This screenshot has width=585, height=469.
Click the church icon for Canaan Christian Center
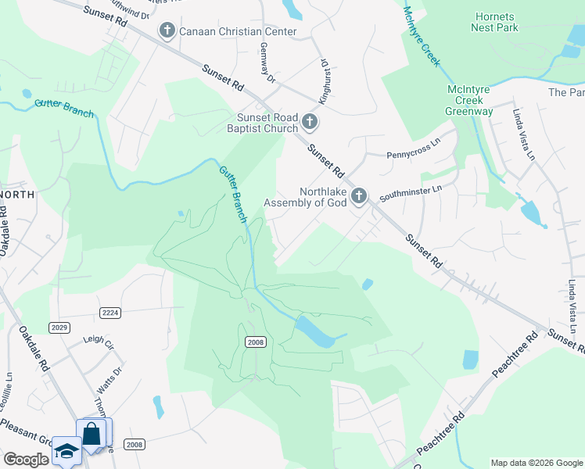click(x=167, y=30)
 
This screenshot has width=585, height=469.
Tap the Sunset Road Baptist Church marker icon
click(x=310, y=122)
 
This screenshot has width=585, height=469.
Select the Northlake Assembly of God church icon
click(x=358, y=195)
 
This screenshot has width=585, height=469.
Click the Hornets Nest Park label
click(x=494, y=22)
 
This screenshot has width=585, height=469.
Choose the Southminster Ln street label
click(x=411, y=189)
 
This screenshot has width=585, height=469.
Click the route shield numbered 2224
click(x=111, y=313)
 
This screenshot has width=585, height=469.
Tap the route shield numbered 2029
click(x=58, y=326)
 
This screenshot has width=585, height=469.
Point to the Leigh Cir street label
click(x=99, y=341)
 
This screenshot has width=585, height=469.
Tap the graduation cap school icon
click(x=66, y=452)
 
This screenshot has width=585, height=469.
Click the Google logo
click(x=26, y=460)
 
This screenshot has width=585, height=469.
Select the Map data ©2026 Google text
click(x=536, y=463)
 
